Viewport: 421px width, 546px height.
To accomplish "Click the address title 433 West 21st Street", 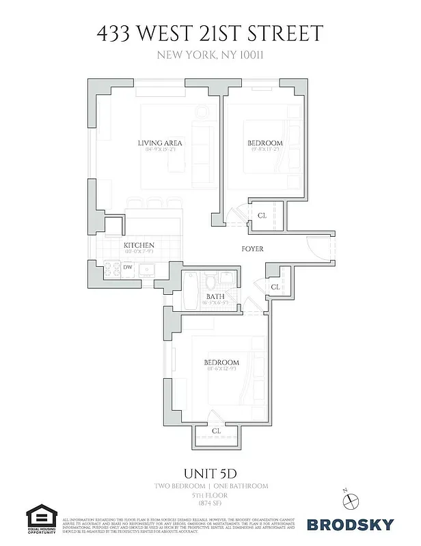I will click(210, 33).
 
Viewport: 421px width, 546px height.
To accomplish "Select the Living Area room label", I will click(159, 143).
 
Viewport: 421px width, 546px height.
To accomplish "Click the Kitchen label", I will click(139, 246).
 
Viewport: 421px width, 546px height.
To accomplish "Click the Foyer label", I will click(252, 249).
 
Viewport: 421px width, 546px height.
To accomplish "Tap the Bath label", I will click(216, 296).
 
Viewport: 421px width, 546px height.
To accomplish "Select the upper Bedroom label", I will click(264, 143).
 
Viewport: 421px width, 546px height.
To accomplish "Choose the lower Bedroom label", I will click(221, 362).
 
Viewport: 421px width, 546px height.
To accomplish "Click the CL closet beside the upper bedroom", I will click(262, 216).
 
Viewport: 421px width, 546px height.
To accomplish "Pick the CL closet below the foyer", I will click(275, 287).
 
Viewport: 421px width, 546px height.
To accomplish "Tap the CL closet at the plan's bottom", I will click(216, 431).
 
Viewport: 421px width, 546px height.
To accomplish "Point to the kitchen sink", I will click(146, 270).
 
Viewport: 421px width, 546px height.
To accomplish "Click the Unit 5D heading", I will click(210, 472).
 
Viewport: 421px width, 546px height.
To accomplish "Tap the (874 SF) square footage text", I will click(210, 503).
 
